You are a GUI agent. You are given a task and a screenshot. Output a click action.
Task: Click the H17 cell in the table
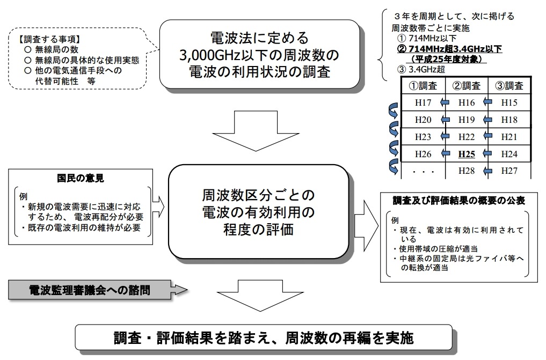[x=424, y=102]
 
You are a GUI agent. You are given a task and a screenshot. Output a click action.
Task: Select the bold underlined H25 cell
[x=466, y=154]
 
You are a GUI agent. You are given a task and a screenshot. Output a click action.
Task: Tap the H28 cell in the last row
[x=466, y=171]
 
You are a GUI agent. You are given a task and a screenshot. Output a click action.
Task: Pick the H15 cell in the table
[x=508, y=102]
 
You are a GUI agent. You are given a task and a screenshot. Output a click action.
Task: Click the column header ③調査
[x=508, y=86]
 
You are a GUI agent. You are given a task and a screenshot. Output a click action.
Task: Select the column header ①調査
[x=424, y=86]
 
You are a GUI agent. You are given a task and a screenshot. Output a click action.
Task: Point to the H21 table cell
[x=508, y=137]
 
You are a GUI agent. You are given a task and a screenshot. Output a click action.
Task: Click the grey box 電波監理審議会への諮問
[x=89, y=290]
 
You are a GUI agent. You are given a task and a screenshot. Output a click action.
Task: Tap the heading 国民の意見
[x=80, y=178]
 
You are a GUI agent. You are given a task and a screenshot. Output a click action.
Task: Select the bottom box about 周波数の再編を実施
[x=264, y=339]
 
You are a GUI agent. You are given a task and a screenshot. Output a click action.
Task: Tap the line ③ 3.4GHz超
[x=419, y=69]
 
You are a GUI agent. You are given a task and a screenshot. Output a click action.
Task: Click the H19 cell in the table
[x=466, y=120]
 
